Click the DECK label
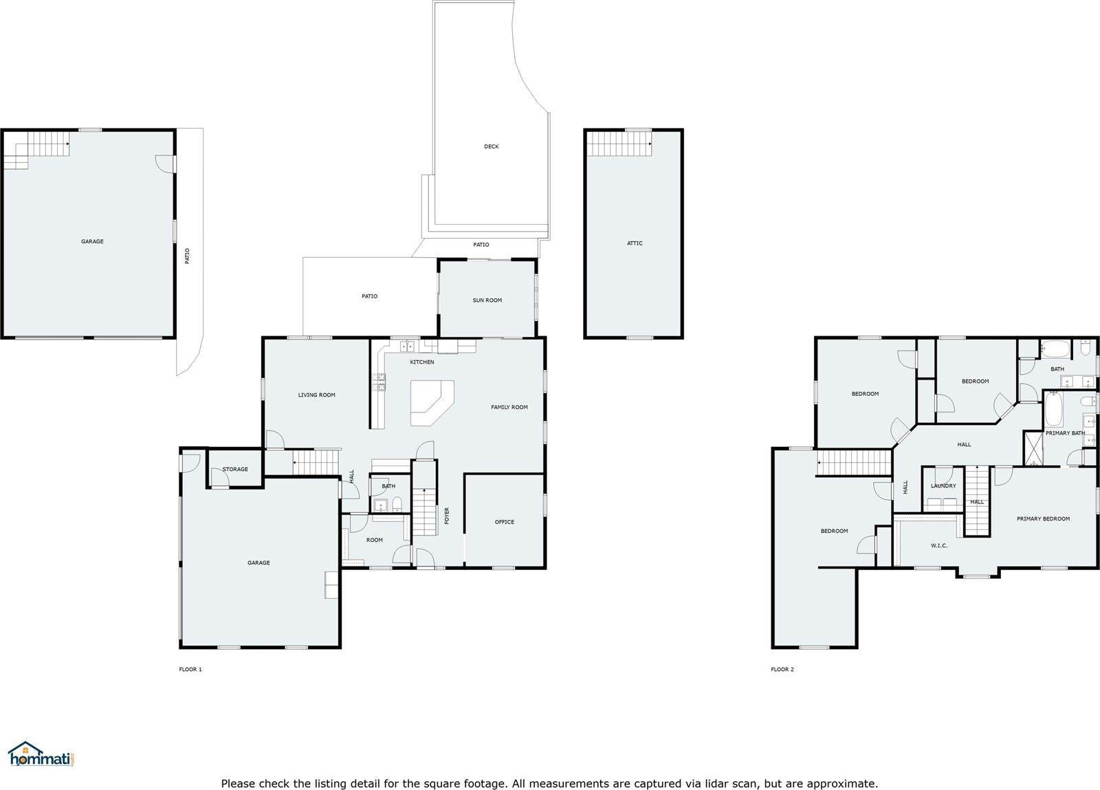[x=491, y=146]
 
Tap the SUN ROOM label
[x=487, y=300]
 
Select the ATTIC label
[x=635, y=243]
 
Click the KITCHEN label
[x=422, y=362]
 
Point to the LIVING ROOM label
[x=317, y=395]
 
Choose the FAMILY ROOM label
[x=509, y=407]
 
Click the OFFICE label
[x=505, y=522]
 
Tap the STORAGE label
[x=235, y=469]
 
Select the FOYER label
[x=447, y=516]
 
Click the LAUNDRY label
[x=943, y=485]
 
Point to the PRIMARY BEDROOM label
[x=1043, y=518]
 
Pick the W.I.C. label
[x=939, y=545]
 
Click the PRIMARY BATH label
[x=1065, y=433]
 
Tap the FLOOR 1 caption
[x=190, y=669]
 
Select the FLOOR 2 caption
[x=782, y=669]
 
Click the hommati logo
[x=41, y=755]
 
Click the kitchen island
[x=432, y=403]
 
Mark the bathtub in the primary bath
[x=1054, y=409]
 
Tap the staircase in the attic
[x=619, y=144]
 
